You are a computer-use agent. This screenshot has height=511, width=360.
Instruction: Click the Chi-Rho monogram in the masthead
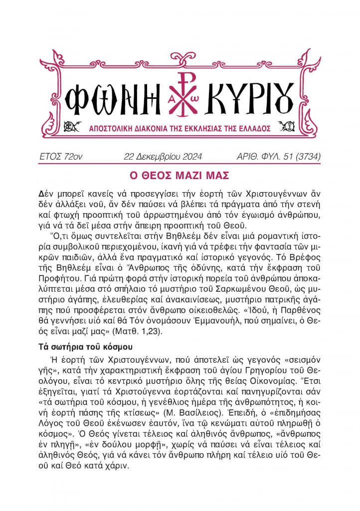(181, 94)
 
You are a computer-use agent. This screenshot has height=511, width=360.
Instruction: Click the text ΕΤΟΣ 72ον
(60, 157)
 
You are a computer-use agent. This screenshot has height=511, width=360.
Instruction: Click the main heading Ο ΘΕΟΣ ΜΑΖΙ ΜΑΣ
(180, 176)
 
